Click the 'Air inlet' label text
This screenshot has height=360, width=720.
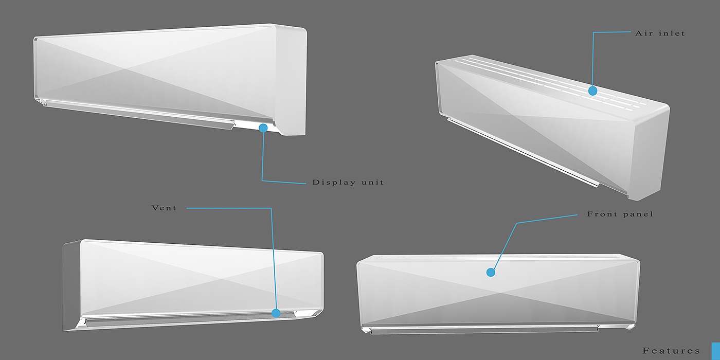click(660, 33)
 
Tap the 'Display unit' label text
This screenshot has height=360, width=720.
click(348, 183)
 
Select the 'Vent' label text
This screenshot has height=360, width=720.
click(164, 208)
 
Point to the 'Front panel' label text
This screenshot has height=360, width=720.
click(620, 214)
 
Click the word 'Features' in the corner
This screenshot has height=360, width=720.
click(671, 351)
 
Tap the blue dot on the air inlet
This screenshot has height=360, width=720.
click(592, 91)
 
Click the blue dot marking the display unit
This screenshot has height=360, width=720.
click(263, 128)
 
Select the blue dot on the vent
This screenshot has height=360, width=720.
click(276, 313)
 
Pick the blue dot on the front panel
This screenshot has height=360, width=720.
click(491, 272)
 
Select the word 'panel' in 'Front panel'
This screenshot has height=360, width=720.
click(638, 214)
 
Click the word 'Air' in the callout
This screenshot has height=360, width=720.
click(643, 33)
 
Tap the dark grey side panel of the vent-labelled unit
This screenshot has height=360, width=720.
click(70, 285)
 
